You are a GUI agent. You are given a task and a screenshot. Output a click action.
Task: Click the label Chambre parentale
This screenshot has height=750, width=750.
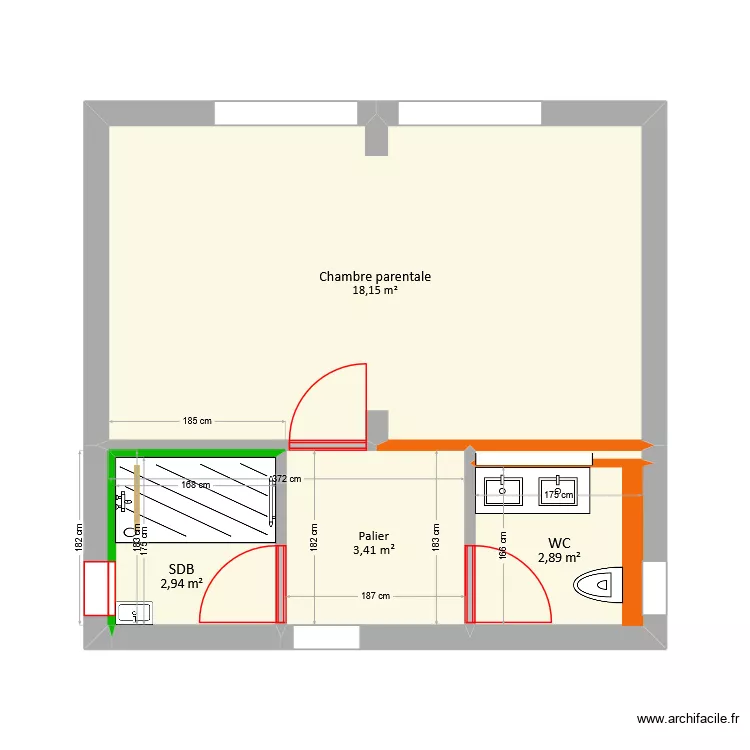[x=375, y=276]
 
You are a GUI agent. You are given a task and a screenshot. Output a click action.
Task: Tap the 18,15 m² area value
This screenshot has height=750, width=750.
[x=375, y=291]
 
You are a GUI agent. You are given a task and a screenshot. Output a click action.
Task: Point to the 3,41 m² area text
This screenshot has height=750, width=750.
[x=373, y=549]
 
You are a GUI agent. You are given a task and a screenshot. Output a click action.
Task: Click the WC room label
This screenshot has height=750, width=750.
[x=559, y=543]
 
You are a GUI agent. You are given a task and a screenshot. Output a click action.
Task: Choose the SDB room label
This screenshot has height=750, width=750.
[x=181, y=568]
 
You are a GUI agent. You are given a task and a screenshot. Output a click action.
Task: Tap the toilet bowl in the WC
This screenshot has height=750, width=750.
[x=603, y=582]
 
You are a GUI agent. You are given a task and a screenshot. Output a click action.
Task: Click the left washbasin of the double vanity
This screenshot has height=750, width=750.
[x=503, y=490]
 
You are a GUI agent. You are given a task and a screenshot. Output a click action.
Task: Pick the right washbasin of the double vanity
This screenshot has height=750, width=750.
[x=559, y=490]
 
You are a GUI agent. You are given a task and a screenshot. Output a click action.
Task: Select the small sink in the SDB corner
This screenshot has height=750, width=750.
[x=133, y=612]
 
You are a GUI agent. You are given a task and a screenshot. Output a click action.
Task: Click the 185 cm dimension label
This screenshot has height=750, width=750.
[x=198, y=421]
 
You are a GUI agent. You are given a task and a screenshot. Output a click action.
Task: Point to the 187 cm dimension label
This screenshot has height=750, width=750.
[x=375, y=596]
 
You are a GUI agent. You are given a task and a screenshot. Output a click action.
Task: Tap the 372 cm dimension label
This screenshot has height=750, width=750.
[x=287, y=479]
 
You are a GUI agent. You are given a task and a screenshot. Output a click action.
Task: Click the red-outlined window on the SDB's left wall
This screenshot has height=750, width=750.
[x=97, y=588]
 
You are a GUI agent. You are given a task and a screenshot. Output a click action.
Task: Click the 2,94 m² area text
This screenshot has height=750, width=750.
[x=181, y=583]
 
